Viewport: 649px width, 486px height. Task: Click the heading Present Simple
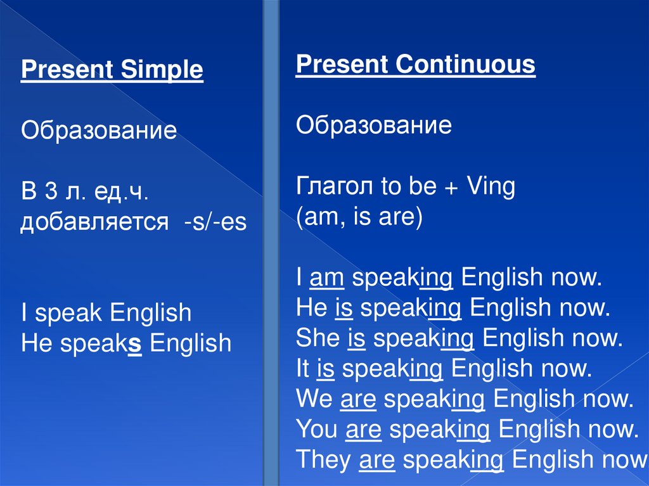coord(112,70)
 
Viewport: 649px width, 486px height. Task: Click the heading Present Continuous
coord(416,65)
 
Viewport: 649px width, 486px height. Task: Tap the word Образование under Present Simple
coord(99,131)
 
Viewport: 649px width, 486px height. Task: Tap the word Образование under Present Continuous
coord(374,125)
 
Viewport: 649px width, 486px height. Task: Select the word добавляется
coord(95,222)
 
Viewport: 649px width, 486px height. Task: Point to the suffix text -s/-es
coord(215,222)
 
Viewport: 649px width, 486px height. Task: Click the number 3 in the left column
coord(51,191)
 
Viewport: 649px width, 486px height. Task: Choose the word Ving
coord(491,187)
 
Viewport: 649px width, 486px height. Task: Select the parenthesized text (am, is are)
coord(359,217)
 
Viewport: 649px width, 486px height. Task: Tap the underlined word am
coord(326,278)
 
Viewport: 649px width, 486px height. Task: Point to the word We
coord(314,399)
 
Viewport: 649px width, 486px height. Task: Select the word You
coord(317,429)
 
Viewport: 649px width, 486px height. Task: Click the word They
coord(323,459)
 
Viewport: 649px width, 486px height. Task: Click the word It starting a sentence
coord(303,368)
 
